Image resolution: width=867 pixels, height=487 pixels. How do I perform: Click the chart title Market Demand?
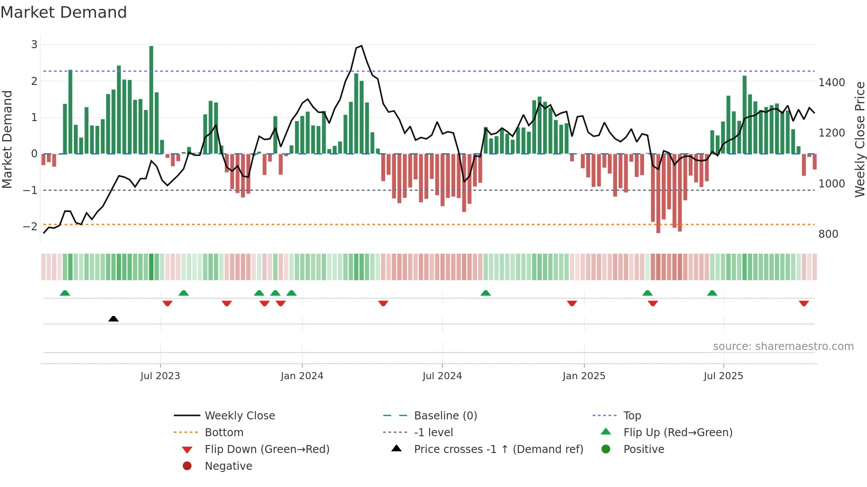(64, 12)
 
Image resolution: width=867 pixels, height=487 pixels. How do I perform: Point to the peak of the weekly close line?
(361, 46)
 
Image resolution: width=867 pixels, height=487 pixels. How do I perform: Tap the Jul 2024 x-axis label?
(442, 376)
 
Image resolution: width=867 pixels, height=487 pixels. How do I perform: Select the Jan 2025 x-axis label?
(584, 376)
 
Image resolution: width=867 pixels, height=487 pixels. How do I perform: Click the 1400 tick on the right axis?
(832, 83)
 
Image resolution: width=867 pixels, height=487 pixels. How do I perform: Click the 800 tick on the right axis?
(828, 234)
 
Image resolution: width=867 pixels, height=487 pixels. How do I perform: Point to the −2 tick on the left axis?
(31, 227)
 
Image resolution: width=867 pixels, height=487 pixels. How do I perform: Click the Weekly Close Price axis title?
(859, 139)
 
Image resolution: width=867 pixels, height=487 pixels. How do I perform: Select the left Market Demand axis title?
(7, 139)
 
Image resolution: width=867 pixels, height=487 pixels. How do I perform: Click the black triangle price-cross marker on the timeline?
(113, 319)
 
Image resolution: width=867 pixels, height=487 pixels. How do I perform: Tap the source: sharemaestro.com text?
(783, 346)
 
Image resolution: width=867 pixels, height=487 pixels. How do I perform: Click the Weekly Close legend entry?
(239, 416)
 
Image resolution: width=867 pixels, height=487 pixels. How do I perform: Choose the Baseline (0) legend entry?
(445, 416)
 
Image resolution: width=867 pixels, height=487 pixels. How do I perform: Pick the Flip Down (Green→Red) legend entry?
(267, 449)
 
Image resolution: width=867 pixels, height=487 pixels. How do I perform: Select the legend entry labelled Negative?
(228, 466)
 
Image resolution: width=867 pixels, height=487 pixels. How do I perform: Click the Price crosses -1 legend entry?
(498, 449)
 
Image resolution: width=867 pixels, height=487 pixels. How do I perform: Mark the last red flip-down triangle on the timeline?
(804, 303)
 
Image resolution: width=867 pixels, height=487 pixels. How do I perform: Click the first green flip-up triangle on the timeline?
(65, 293)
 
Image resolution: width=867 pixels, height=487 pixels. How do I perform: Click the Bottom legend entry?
(224, 433)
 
